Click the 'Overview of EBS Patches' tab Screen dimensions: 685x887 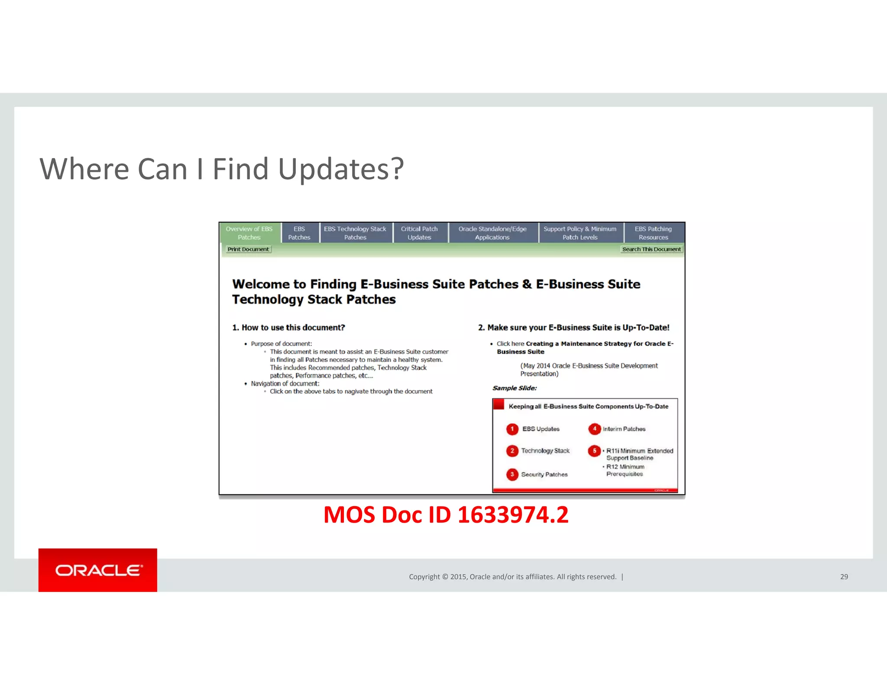[249, 233]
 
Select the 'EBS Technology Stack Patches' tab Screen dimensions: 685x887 [355, 233]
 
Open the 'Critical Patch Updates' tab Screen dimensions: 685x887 [419, 233]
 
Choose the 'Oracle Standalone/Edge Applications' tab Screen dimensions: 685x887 [492, 233]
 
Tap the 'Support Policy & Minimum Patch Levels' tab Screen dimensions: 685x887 [580, 233]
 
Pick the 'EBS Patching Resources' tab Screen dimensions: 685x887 [653, 233]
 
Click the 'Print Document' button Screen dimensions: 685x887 [249, 249]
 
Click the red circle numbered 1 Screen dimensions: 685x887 [512, 429]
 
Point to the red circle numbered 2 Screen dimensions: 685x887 [512, 451]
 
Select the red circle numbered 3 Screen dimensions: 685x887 [512, 475]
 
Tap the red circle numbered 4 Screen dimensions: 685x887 [594, 429]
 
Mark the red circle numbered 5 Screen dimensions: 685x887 [594, 451]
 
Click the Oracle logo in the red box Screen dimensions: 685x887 [98, 570]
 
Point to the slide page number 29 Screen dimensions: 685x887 [844, 577]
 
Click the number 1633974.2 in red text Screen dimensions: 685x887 [513, 515]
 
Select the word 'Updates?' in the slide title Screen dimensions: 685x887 [341, 169]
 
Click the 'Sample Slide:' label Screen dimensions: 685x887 [515, 388]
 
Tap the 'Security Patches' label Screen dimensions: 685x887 [544, 475]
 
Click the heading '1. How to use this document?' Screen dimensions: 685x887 [288, 328]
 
